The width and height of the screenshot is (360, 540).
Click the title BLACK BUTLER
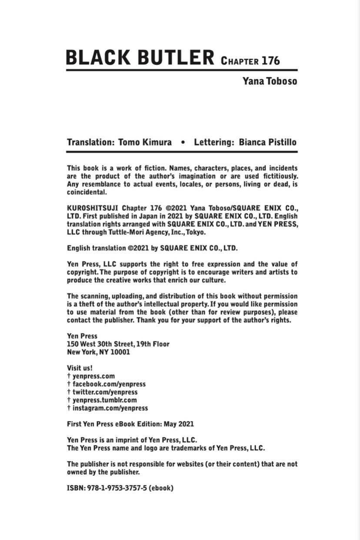point(140,58)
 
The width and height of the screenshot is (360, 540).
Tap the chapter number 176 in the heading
point(270,60)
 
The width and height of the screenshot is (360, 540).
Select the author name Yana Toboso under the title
point(270,81)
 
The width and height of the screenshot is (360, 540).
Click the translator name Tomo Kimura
point(145,142)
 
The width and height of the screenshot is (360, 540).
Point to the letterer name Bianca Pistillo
point(268,142)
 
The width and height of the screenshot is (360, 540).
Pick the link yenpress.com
point(93,376)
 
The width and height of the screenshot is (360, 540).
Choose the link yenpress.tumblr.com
point(104,400)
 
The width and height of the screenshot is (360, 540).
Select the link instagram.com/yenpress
point(110,408)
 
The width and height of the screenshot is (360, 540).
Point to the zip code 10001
point(120,352)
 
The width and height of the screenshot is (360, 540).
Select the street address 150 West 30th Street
point(100,344)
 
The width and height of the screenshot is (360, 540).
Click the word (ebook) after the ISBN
point(161,488)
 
